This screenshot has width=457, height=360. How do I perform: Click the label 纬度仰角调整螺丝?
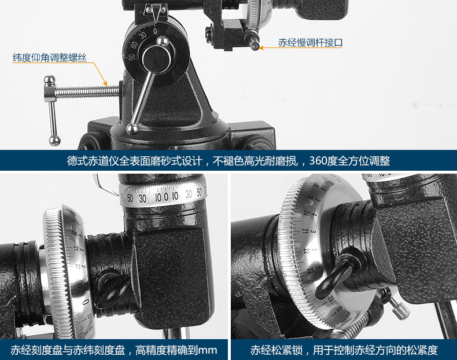click(50, 57)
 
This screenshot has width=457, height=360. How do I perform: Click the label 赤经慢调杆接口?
click(310, 43)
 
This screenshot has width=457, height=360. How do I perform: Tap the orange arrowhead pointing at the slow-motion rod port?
click(261, 48)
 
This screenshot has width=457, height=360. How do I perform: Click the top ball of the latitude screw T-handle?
click(49, 80)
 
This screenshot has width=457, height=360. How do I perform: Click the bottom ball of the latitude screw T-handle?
click(54, 141)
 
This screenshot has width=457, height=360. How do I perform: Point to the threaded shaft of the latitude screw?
click(87, 92)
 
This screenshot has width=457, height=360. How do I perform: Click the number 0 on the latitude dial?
click(155, 31)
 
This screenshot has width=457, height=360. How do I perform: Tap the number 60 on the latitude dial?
click(134, 45)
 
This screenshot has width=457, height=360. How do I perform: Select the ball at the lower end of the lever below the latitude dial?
click(132, 128)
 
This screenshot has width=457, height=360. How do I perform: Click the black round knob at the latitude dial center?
click(156, 57)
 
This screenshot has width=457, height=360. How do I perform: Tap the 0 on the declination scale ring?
click(166, 197)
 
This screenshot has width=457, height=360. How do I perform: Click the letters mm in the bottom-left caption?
click(208, 350)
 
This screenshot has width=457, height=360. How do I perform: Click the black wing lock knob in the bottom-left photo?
click(112, 289)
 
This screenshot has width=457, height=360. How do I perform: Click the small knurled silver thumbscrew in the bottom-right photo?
click(399, 308)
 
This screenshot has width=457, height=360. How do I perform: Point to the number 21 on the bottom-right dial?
click(305, 231)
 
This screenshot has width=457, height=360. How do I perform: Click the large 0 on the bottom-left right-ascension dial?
click(86, 302)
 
